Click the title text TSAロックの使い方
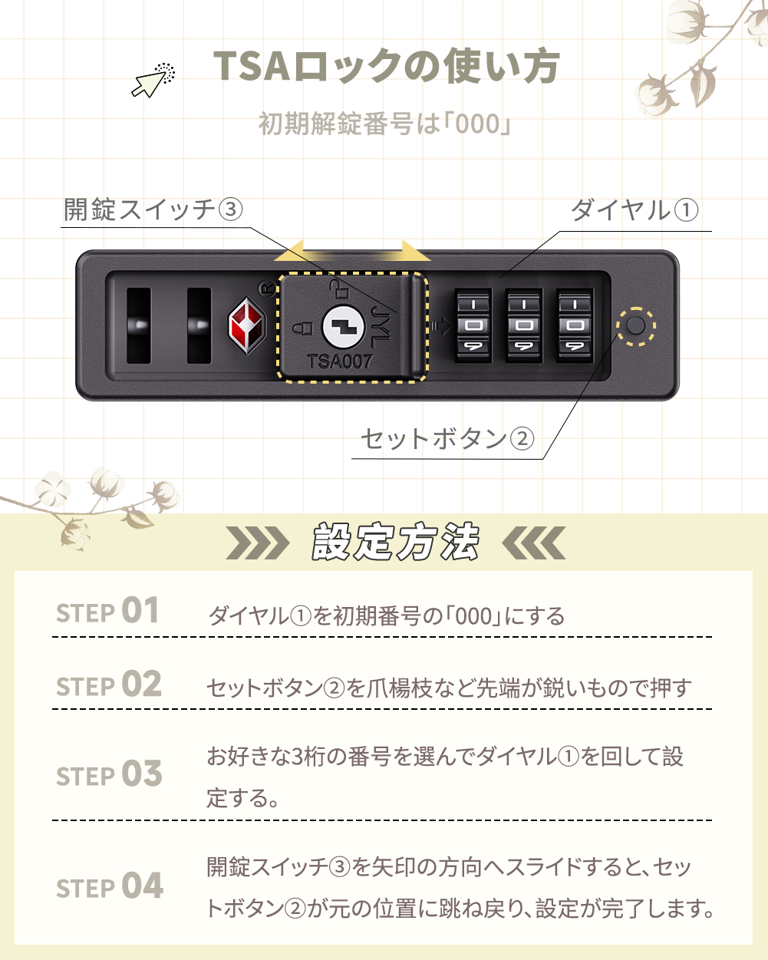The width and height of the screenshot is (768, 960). pyautogui.click(x=386, y=67)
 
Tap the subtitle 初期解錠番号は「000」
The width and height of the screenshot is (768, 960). pyautogui.click(x=384, y=124)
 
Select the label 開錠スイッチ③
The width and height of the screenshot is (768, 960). pyautogui.click(x=153, y=209)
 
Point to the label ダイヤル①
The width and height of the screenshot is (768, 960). pyautogui.click(x=634, y=210)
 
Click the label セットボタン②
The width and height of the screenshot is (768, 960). pyautogui.click(x=447, y=439)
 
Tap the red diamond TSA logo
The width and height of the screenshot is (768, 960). pyautogui.click(x=246, y=325)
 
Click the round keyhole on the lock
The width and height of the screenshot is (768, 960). pyautogui.click(x=343, y=326)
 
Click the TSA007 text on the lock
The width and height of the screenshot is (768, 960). pyautogui.click(x=339, y=361)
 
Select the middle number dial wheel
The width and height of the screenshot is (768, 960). pyautogui.click(x=524, y=325)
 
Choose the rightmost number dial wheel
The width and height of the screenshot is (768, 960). pyautogui.click(x=575, y=325)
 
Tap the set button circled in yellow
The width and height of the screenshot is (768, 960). pyautogui.click(x=636, y=326)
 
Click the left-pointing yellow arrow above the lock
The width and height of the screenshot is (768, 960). pyautogui.click(x=301, y=251)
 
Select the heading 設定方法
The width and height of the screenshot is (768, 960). pyautogui.click(x=396, y=543)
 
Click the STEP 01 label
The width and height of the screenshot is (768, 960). pyautogui.click(x=108, y=612)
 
